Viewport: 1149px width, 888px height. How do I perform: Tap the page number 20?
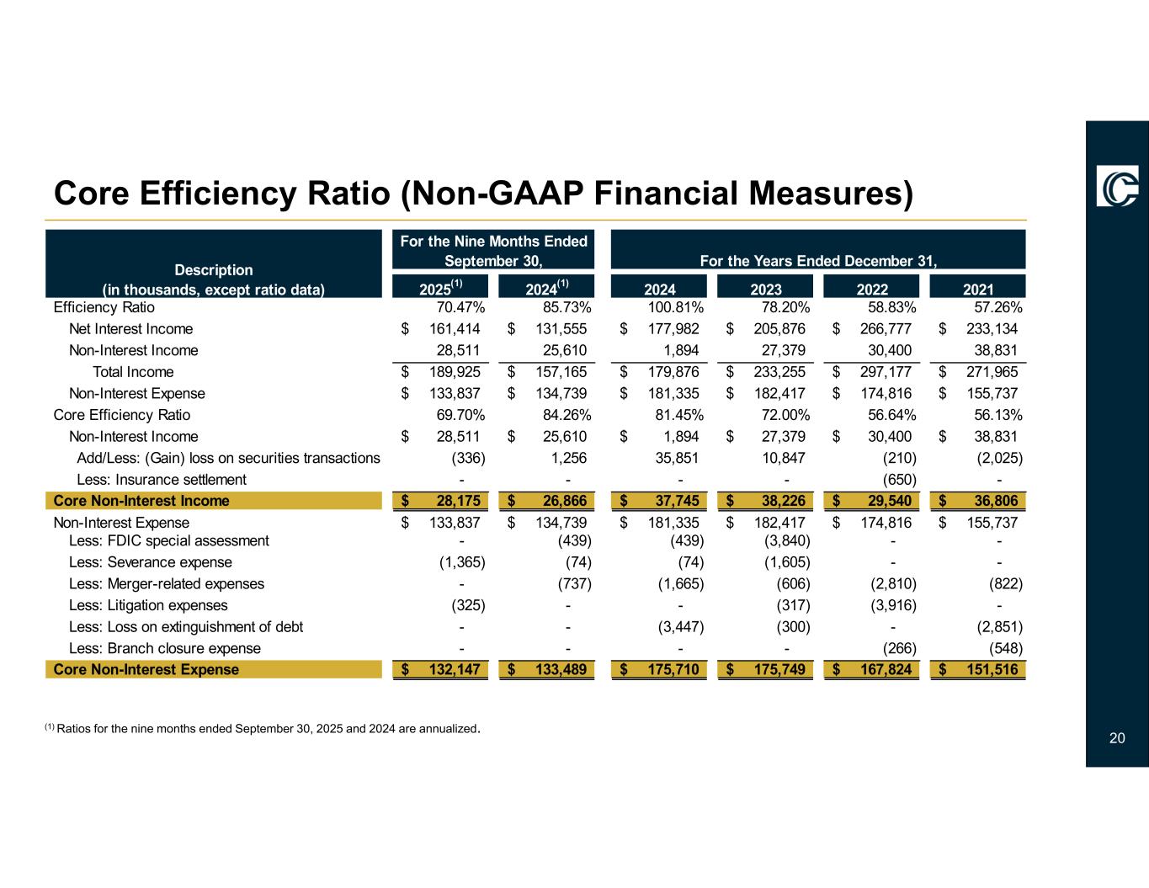pos(1117,738)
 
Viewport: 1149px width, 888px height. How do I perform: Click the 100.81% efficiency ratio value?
pos(676,307)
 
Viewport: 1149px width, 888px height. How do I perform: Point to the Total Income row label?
pos(133,372)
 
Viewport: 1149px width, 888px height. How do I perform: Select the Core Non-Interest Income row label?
pos(141,502)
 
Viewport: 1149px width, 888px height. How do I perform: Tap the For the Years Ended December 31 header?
pos(818,261)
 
